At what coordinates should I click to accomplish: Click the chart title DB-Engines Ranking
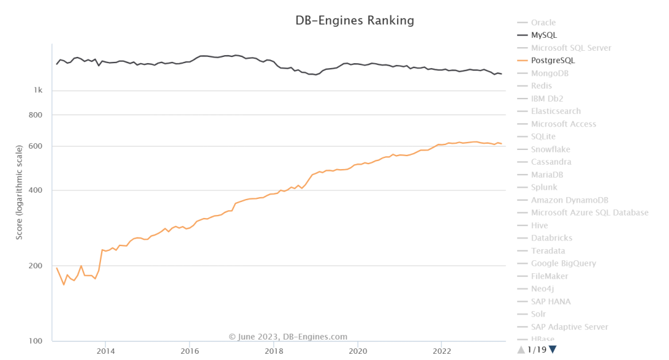(354, 20)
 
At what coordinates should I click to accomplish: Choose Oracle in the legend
(543, 23)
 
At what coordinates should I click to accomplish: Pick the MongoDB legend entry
(549, 73)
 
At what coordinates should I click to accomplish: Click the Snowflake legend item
(550, 149)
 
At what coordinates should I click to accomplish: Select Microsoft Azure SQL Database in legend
(589, 213)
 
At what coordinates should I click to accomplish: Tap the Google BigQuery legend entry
(563, 263)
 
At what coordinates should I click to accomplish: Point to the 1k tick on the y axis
(38, 90)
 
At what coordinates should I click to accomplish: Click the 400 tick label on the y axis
(36, 190)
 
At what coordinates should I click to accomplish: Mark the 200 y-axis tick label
(36, 266)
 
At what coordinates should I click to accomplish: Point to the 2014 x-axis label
(105, 351)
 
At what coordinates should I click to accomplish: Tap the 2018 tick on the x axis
(273, 351)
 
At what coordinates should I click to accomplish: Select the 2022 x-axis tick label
(441, 351)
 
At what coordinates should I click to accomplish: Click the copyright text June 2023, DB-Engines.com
(288, 337)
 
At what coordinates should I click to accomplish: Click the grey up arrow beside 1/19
(521, 349)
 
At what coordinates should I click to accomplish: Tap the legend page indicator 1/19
(536, 349)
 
